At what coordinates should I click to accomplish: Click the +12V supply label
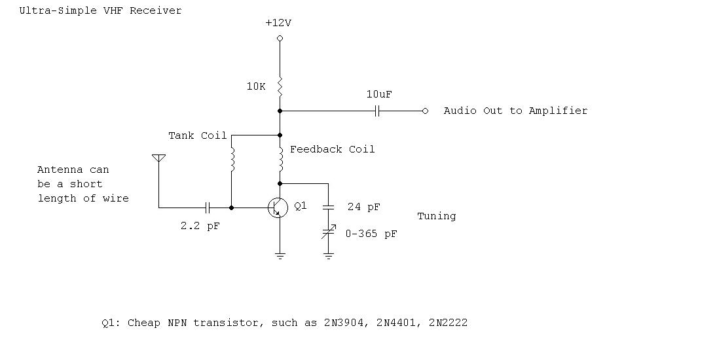(278, 23)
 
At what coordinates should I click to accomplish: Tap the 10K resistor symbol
(280, 86)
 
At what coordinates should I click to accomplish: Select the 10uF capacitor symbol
(377, 111)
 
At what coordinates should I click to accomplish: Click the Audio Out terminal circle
(425, 111)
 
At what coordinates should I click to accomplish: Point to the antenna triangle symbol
(158, 158)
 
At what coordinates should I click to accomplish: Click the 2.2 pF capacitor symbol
(208, 207)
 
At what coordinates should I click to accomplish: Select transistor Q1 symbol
(278, 208)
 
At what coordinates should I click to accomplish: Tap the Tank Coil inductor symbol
(232, 160)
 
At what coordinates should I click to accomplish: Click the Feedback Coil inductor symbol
(280, 157)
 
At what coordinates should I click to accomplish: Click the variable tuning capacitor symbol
(329, 231)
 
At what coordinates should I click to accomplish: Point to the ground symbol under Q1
(280, 255)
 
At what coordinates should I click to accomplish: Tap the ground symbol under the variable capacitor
(329, 255)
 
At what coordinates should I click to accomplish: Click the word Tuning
(436, 216)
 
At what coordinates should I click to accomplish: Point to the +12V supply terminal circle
(280, 39)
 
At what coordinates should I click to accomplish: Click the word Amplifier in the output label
(558, 111)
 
